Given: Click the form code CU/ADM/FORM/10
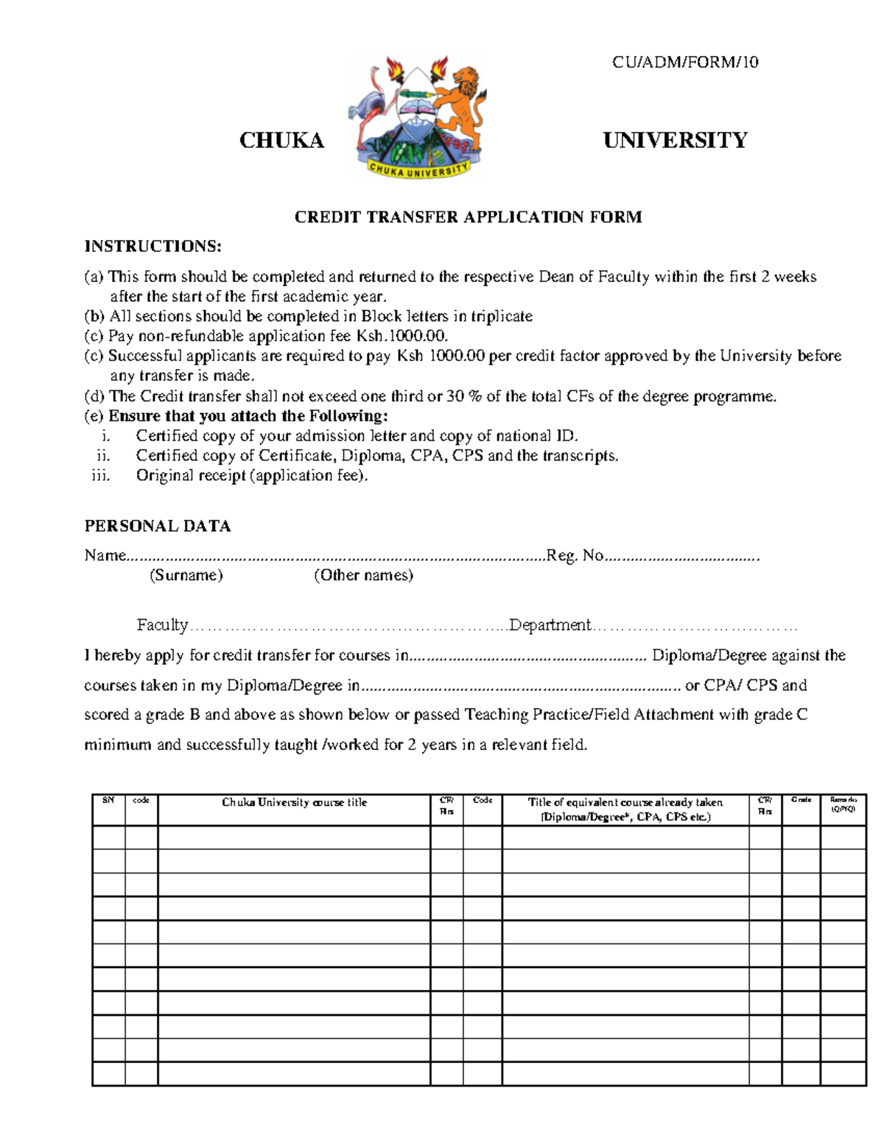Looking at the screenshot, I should coord(684,62).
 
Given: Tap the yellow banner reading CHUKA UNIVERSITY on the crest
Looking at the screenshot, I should coord(418,169).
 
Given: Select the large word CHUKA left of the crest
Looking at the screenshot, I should coord(281,141).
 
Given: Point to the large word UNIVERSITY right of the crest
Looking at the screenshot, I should coord(675,140).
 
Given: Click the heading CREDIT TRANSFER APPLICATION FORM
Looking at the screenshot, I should coord(468,217).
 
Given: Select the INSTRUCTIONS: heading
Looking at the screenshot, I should coord(152,246).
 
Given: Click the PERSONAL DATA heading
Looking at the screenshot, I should coord(158,526).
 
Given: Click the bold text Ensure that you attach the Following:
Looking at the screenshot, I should coord(248,416).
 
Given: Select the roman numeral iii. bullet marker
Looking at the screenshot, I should coord(100,476).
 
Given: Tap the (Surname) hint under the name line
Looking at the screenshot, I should coord(186,575).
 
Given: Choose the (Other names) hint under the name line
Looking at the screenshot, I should coord(363,575).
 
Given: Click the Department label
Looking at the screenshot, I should coord(550,625).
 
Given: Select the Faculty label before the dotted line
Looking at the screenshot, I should coord(162,625).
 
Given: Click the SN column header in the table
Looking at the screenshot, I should coord(108,800).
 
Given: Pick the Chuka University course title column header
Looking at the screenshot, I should coord(294,802).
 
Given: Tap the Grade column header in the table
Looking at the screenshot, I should coord(801,799).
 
